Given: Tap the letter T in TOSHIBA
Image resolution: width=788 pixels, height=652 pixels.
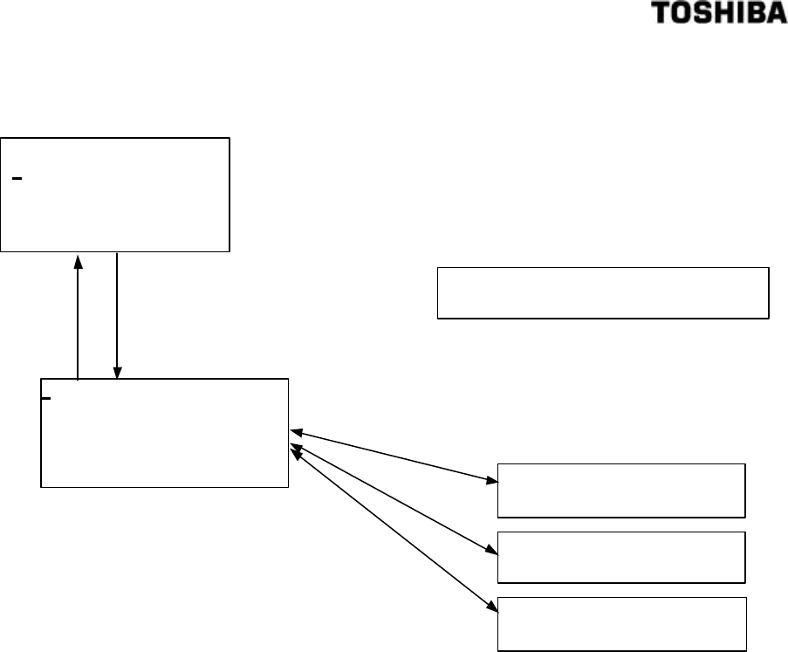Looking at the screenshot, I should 685,17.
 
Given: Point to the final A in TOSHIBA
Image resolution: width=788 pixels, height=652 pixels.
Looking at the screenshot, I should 778,17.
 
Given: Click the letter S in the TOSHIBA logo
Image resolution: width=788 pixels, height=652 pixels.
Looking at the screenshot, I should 720,17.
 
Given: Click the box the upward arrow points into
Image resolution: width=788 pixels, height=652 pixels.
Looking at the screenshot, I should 114,195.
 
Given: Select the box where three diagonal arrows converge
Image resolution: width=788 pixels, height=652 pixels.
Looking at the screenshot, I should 164,433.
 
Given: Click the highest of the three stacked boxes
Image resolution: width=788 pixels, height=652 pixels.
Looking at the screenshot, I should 621,491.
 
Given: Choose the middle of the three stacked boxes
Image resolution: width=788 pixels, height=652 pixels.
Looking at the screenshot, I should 621,556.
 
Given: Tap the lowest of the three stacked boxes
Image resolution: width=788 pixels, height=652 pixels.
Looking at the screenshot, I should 621,624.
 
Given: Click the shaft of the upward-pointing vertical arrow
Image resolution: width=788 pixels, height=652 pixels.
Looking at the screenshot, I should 79,323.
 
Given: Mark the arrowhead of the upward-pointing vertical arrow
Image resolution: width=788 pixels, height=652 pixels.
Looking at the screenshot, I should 79,260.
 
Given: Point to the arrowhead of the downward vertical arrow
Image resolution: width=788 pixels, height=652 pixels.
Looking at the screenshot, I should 116,373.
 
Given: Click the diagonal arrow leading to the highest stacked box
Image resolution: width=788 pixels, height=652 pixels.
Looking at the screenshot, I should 393,455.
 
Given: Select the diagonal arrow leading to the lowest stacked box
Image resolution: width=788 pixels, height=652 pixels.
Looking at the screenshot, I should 393,527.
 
